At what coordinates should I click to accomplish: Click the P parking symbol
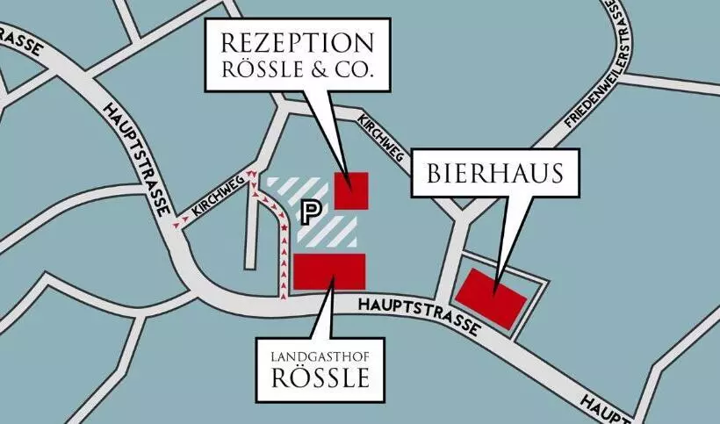[x=309, y=211]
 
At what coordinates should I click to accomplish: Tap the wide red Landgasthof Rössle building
[x=329, y=271]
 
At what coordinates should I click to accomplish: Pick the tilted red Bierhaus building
[x=491, y=298]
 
